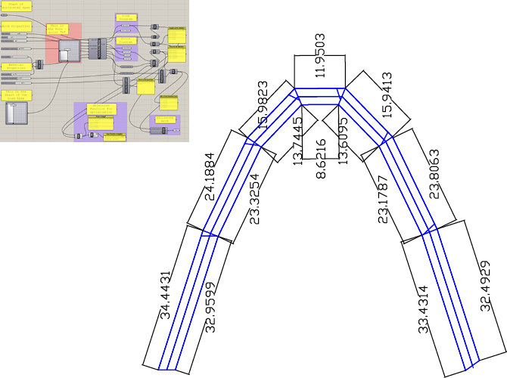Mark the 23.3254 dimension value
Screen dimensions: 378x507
coord(255,197)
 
